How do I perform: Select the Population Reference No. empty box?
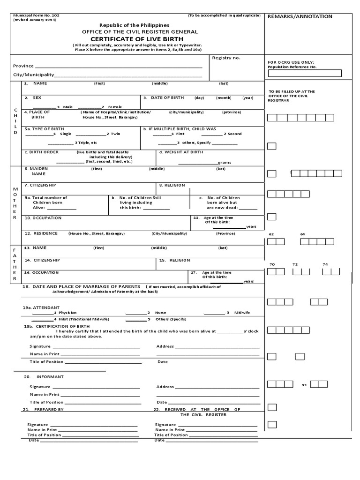pos(304,73)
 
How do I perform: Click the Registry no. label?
pos(226,58)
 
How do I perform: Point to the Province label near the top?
pos(23,66)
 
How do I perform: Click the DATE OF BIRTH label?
pos(167,98)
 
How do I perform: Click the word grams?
pos(224,162)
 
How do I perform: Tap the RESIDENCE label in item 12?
pos(45,233)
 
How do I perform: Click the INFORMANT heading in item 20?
pos(50,377)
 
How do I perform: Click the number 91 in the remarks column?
pos(304,385)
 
